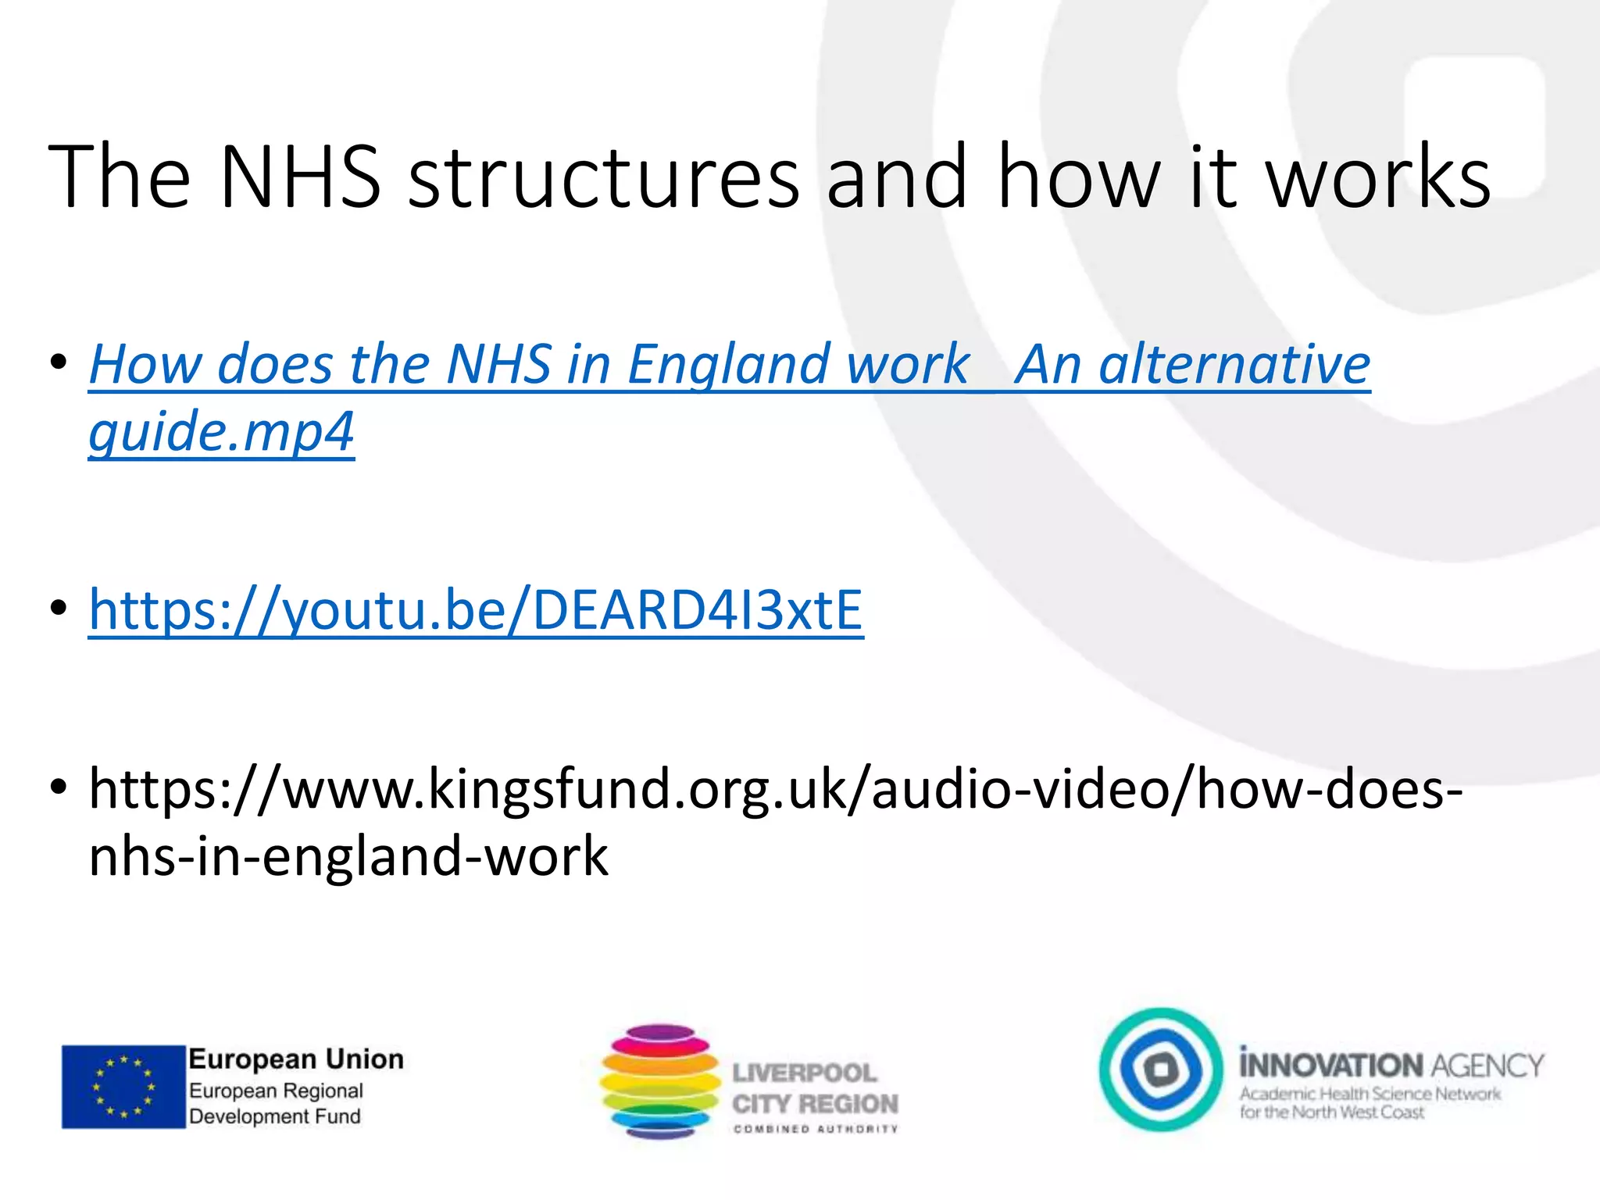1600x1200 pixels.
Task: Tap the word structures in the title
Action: tap(603, 178)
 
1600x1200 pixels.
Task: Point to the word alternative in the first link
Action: tap(1234, 364)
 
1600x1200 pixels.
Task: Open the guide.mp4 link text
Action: tap(222, 431)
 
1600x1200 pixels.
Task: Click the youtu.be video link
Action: tap(476, 610)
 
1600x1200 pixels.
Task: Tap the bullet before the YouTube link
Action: tap(58, 609)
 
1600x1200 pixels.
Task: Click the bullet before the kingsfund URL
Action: tap(58, 787)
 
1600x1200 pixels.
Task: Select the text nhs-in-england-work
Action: tap(348, 856)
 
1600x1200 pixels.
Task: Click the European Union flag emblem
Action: tap(123, 1087)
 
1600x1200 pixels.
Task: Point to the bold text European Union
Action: tap(296, 1059)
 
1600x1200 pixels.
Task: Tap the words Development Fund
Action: tap(275, 1116)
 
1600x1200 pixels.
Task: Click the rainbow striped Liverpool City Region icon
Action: tap(660, 1082)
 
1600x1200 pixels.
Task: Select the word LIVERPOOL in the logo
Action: tap(805, 1073)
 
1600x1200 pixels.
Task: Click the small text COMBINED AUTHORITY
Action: tap(816, 1129)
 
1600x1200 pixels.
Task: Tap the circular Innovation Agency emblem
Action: tap(1161, 1070)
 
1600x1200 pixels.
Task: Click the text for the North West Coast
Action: tap(1332, 1112)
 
